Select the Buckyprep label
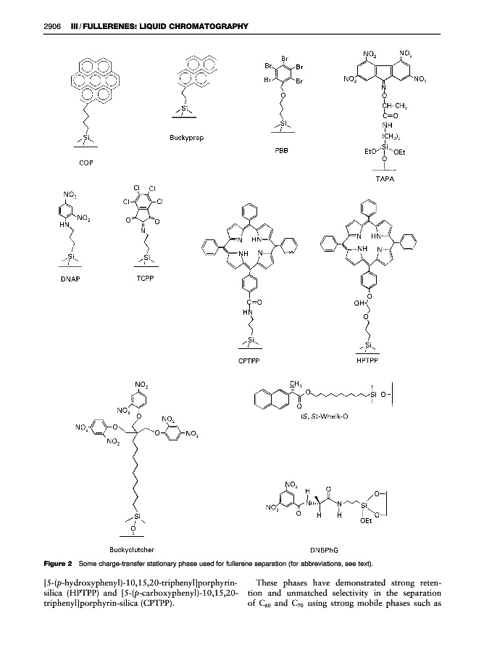[187, 138]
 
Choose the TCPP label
[147, 279]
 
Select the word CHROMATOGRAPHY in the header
[204, 27]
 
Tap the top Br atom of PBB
[283, 57]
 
